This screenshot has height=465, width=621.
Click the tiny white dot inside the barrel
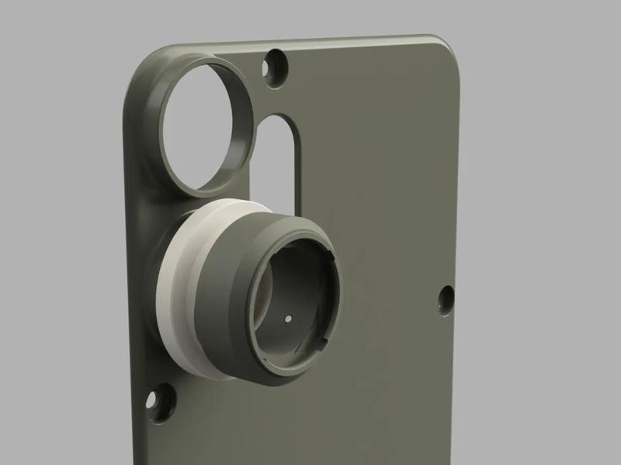[289, 318]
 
